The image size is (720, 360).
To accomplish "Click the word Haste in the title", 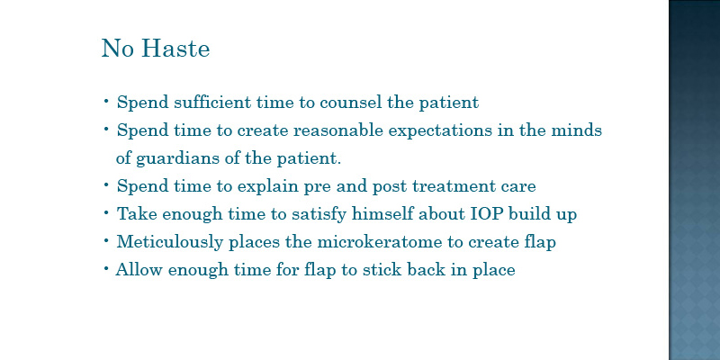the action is pyautogui.click(x=175, y=49).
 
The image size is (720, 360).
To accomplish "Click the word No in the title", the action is pyautogui.click(x=117, y=49).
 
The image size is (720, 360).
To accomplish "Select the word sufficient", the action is pyautogui.click(x=212, y=102).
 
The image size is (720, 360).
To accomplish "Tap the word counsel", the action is pyautogui.click(x=350, y=102).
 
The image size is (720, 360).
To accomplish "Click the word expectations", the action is pyautogui.click(x=440, y=130).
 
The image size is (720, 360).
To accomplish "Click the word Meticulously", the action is pyautogui.click(x=170, y=242).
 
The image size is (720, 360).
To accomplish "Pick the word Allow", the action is pyautogui.click(x=139, y=269).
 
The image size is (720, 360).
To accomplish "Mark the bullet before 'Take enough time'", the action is pyautogui.click(x=106, y=213).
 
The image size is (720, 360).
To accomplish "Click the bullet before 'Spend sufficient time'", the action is pyautogui.click(x=106, y=101).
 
